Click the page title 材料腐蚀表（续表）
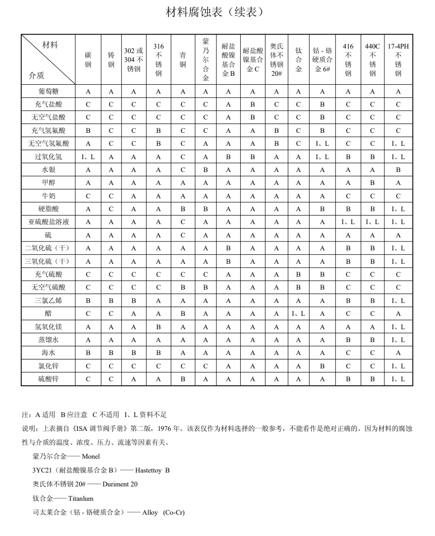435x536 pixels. [217, 11]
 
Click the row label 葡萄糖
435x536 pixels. [48, 91]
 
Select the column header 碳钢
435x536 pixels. [88, 60]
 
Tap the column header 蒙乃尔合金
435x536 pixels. [206, 60]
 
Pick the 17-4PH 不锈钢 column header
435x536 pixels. [398, 60]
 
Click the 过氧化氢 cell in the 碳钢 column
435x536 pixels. [88, 157]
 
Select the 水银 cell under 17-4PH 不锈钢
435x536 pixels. [398, 170]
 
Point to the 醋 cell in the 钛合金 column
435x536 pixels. [298, 313]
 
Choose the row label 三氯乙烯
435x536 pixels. [48, 300]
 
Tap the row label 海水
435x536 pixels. [48, 353]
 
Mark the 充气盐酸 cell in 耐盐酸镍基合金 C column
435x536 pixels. [253, 104]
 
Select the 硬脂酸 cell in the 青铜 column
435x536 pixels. [183, 209]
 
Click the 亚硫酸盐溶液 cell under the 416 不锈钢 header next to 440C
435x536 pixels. [348, 222]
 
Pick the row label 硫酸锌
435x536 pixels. [48, 379]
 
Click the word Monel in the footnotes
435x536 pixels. [90, 456]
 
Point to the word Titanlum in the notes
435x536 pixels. [79, 498]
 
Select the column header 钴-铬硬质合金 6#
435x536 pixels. [323, 60]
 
